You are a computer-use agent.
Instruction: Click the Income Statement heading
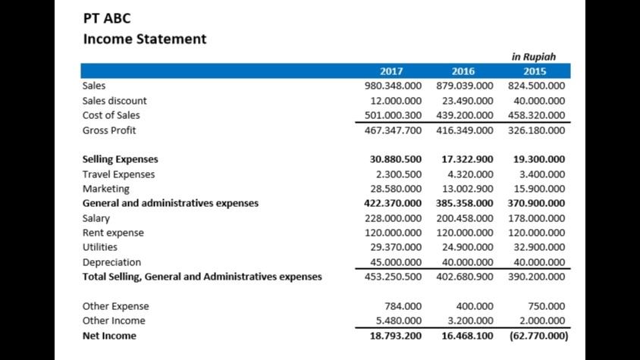point(144,39)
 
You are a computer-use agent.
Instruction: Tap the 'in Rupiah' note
point(534,57)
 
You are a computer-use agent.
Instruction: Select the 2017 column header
point(391,71)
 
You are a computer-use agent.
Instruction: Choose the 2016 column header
point(463,71)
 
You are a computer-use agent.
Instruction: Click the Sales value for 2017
point(393,86)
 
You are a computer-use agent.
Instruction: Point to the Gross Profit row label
point(109,130)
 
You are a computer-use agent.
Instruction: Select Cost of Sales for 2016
point(465,115)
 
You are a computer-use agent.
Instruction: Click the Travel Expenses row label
point(118,174)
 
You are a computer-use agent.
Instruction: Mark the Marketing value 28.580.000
point(393,189)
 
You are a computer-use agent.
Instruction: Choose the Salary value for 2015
point(536,218)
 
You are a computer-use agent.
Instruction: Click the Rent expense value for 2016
point(465,233)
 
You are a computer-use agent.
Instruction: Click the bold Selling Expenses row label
point(120,160)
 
